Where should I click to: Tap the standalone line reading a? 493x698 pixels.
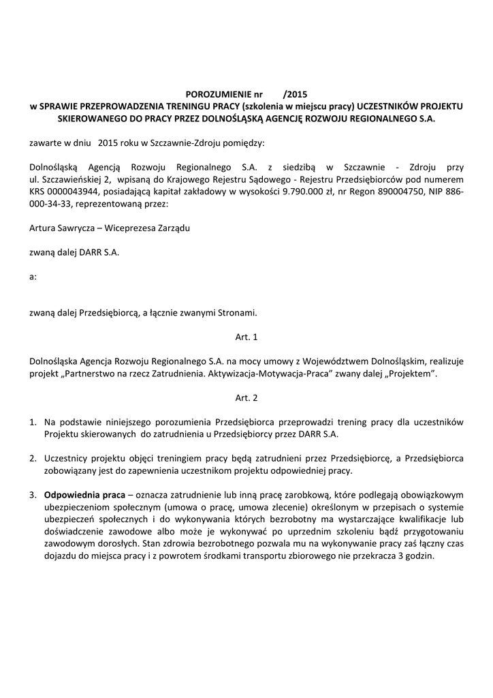pyautogui.click(x=33, y=277)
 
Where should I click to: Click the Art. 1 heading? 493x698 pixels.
pyautogui.click(x=246, y=337)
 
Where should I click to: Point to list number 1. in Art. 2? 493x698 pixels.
pyautogui.click(x=33, y=422)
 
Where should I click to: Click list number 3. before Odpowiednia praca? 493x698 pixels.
pyautogui.click(x=33, y=495)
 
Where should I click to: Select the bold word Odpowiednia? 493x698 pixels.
pyautogui.click(x=71, y=495)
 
